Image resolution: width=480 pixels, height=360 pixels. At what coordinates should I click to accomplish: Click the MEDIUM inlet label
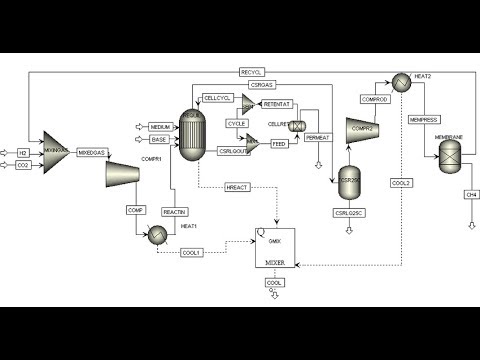coord(159,127)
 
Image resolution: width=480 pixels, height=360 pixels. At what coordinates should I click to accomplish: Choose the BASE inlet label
coord(159,139)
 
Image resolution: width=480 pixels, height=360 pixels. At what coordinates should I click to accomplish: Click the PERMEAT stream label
coord(317,137)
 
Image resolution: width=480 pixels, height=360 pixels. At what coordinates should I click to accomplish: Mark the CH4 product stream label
coord(471,193)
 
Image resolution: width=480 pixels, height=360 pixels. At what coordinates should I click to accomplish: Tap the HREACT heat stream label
coord(236,187)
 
